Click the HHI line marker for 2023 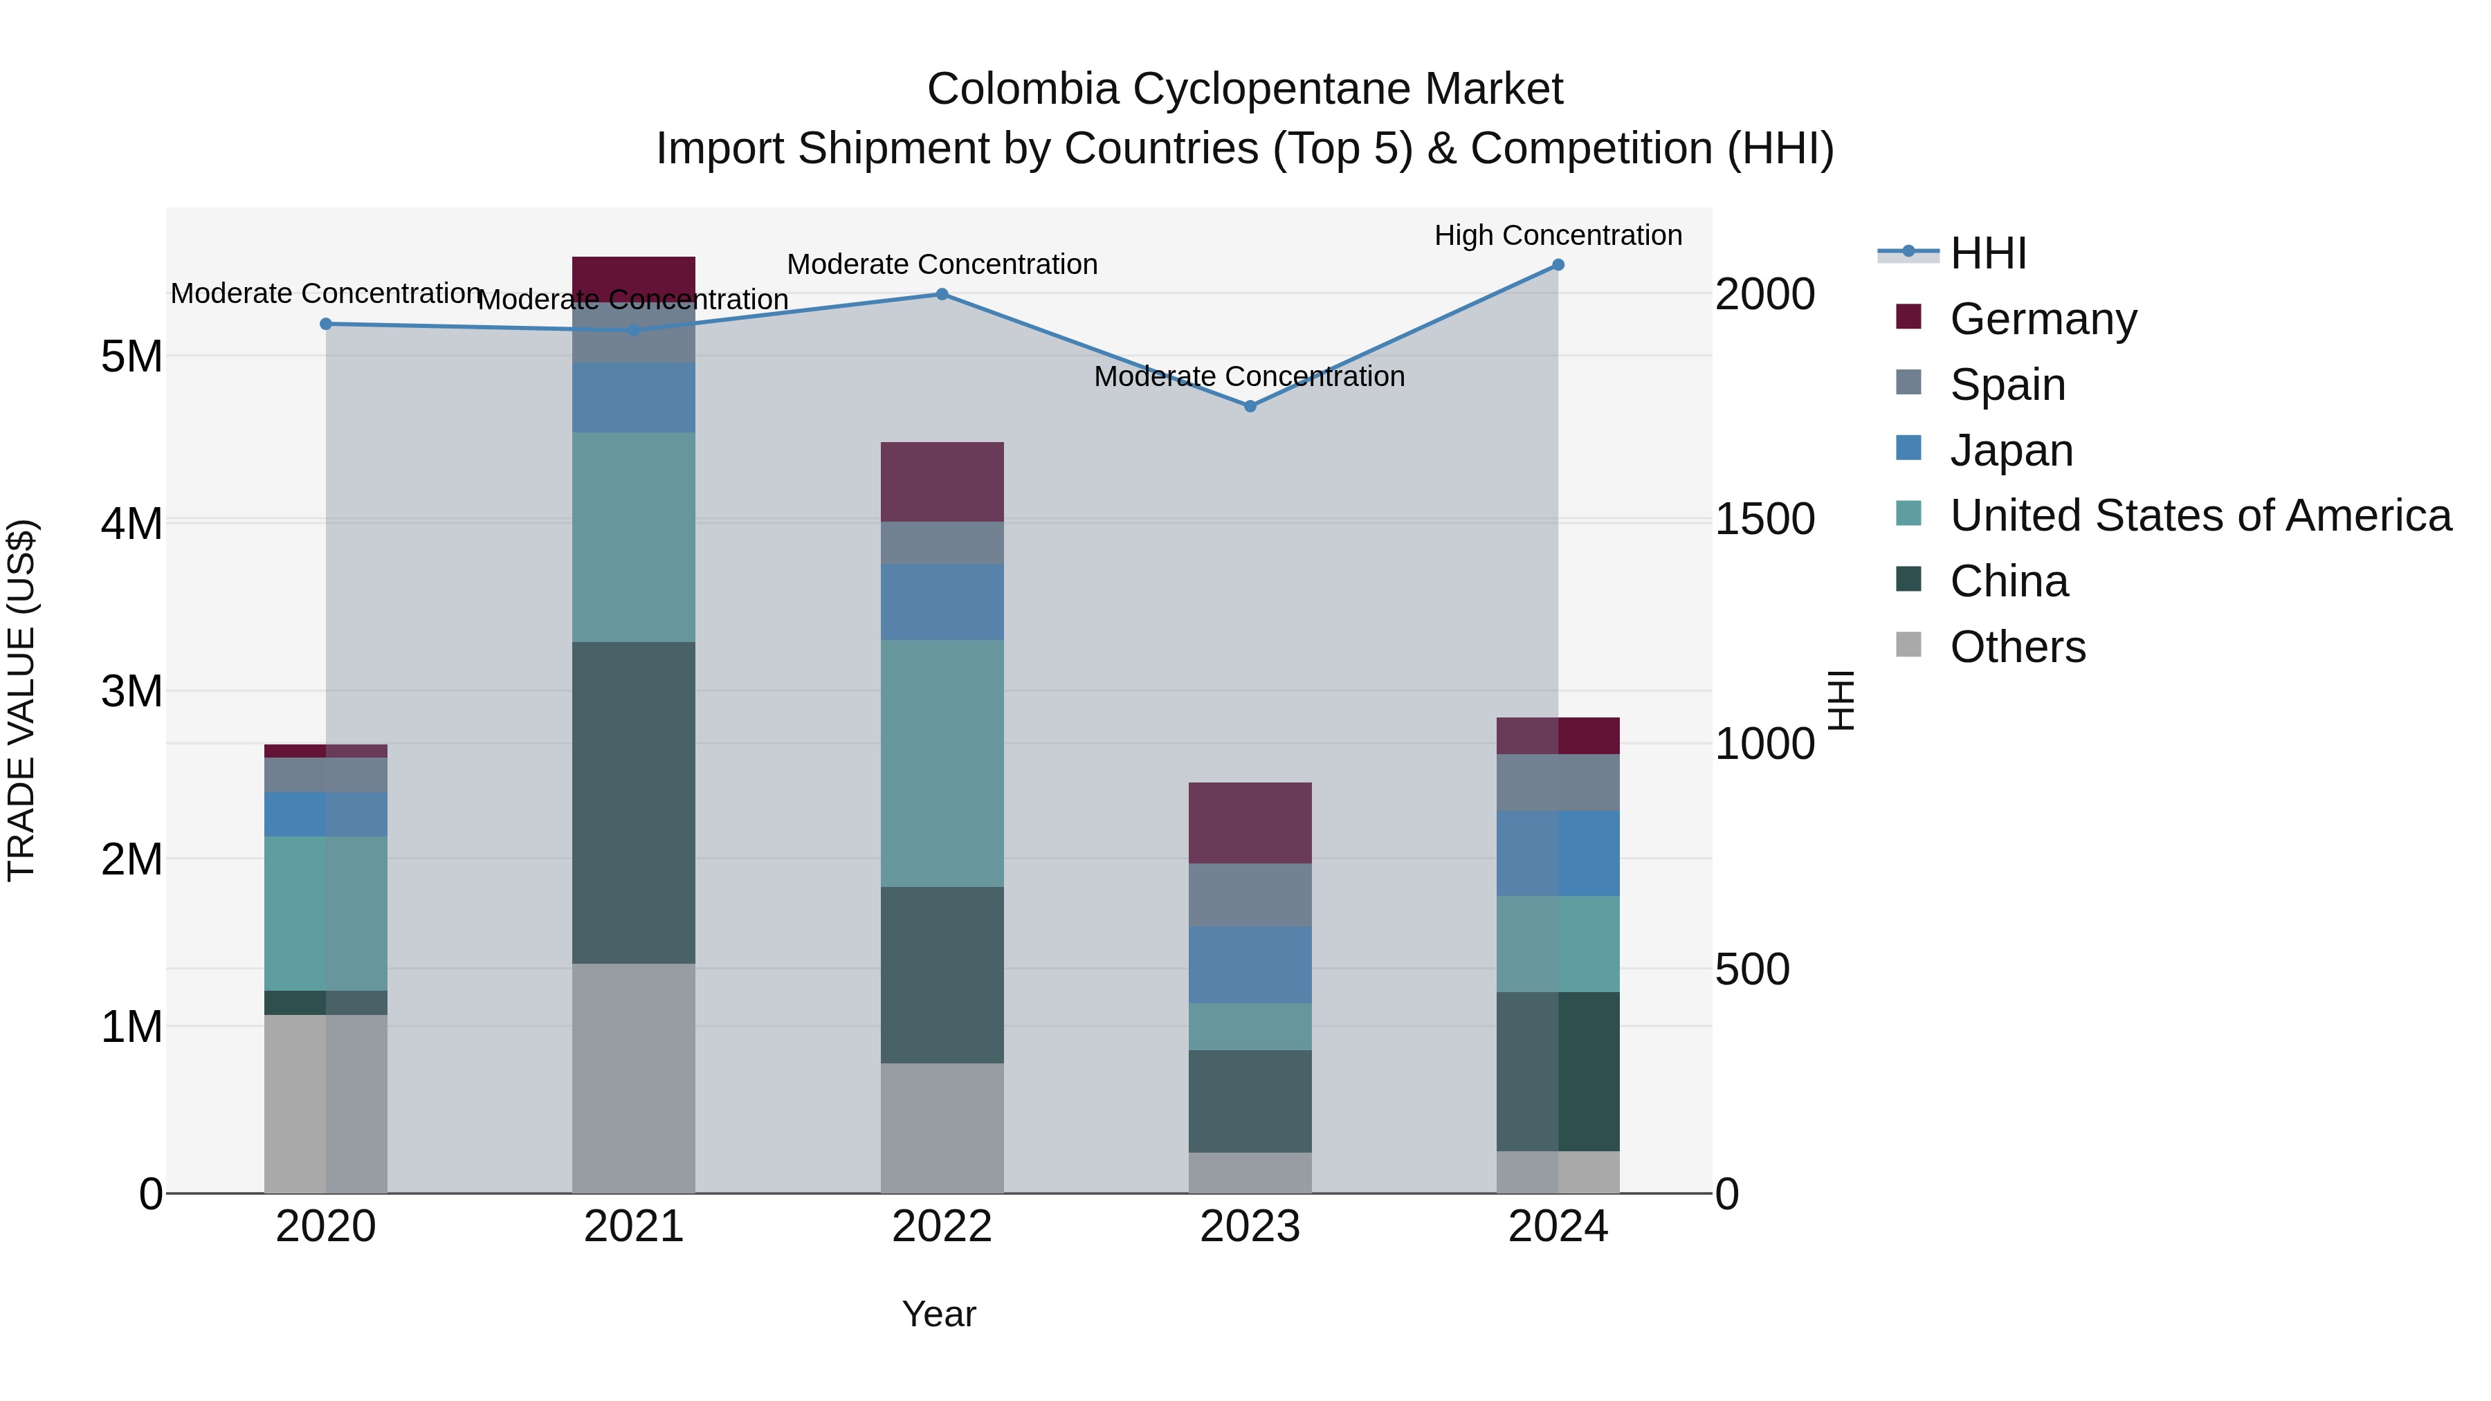(x=1250, y=406)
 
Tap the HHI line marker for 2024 (x=1558, y=265)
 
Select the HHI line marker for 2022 (x=942, y=294)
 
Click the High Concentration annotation (x=1558, y=235)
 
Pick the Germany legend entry (x=2043, y=319)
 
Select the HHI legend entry (x=1987, y=253)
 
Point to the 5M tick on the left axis (x=131, y=357)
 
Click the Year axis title (x=939, y=1314)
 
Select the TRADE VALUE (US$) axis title (x=21, y=700)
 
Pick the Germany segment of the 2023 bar (x=1250, y=823)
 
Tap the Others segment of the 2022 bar (x=942, y=1128)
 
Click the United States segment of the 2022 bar (x=942, y=763)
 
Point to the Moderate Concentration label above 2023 (x=1250, y=376)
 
